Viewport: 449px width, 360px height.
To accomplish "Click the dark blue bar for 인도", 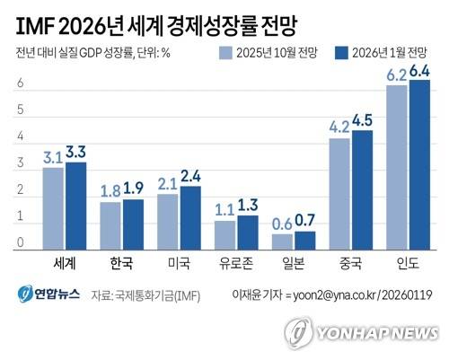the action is click(419, 165).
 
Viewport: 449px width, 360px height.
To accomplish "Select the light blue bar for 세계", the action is click(53, 208).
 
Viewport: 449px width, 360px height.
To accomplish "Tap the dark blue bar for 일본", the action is click(305, 241).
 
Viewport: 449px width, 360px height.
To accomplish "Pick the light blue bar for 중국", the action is click(339, 194).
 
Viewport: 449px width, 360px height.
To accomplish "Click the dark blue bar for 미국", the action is click(190, 218).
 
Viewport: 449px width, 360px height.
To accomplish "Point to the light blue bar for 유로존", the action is click(224, 235).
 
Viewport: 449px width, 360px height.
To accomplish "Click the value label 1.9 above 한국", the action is click(134, 188).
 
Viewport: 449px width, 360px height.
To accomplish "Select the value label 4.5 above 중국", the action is click(362, 120).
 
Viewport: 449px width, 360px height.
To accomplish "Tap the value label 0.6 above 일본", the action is click(282, 224).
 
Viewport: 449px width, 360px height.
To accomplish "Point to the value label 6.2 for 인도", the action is click(397, 75).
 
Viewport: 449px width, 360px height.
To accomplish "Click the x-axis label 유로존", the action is click(236, 263).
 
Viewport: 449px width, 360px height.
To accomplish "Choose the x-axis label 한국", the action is click(121, 263).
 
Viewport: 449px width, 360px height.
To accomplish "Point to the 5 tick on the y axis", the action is click(20, 110).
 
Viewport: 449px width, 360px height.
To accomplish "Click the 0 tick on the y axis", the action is click(20, 242).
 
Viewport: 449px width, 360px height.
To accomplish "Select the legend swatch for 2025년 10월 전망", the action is click(225, 53).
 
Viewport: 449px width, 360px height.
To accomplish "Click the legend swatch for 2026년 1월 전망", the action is click(341, 53).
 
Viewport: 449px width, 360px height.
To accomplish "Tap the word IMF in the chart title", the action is click(35, 27).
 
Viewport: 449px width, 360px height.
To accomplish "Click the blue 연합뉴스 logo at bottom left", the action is click(48, 294).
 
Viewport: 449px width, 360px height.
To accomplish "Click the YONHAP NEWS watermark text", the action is click(378, 333).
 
